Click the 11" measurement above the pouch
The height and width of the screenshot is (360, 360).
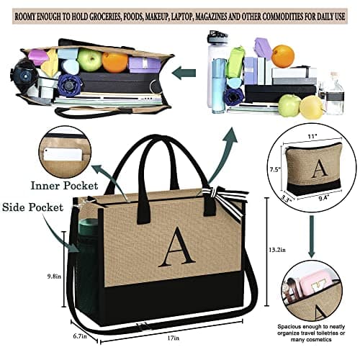point(312,136)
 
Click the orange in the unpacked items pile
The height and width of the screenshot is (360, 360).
point(283,55)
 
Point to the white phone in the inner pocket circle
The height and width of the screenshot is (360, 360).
point(63,153)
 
